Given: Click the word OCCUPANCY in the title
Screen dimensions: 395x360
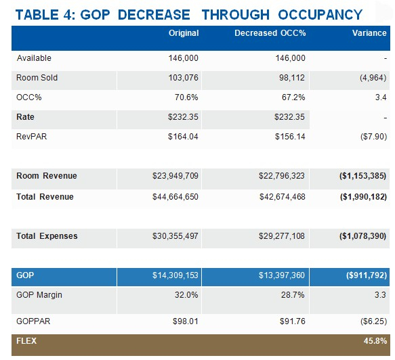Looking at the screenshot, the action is click(x=320, y=15).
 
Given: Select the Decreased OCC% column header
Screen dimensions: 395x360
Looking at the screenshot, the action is click(x=270, y=33).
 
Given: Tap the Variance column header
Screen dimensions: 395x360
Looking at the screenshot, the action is click(x=369, y=33).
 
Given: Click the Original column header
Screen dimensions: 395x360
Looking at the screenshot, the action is click(x=184, y=33).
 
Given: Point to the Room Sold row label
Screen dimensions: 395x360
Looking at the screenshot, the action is click(x=37, y=78).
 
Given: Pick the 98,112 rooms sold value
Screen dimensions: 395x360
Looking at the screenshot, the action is click(x=292, y=78).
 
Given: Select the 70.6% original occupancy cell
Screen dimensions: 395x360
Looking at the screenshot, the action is click(x=186, y=97).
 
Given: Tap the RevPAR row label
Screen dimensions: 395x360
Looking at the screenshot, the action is click(x=31, y=136).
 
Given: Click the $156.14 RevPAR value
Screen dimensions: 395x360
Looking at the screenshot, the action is click(x=290, y=136).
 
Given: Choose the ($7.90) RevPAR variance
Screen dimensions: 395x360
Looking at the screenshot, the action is click(x=373, y=136).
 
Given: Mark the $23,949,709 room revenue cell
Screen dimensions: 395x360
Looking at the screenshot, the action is click(x=175, y=175).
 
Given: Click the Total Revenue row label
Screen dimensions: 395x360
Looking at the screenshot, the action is click(x=45, y=196).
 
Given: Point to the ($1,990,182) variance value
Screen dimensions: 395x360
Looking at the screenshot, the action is click(x=363, y=196).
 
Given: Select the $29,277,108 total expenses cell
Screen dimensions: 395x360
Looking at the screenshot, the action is click(x=282, y=236).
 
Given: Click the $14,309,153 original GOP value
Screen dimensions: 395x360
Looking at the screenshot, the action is click(x=175, y=275).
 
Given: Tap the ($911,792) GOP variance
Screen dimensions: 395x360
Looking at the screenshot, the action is click(x=367, y=275).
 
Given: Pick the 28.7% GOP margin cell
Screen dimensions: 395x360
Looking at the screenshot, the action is click(x=293, y=294).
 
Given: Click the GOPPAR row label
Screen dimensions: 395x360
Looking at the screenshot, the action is click(x=33, y=321).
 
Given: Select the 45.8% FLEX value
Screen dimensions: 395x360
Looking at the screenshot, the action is click(x=375, y=341).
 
